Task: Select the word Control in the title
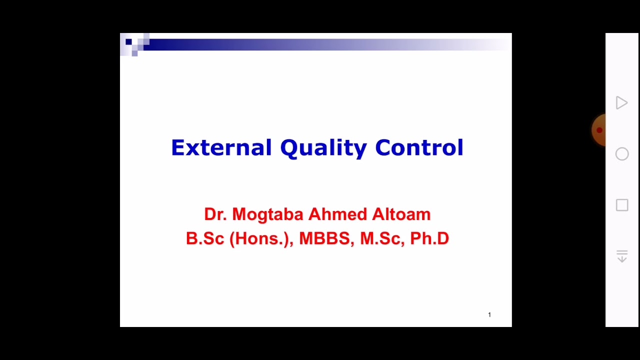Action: tap(419, 148)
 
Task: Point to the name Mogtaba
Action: tap(267, 214)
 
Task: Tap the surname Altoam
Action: tap(401, 214)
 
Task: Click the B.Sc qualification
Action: tap(205, 238)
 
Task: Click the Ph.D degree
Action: tap(429, 238)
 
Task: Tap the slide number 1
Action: tap(489, 314)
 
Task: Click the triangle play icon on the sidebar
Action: tap(621, 103)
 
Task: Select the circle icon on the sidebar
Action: tap(622, 154)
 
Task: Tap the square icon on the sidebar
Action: tap(622, 205)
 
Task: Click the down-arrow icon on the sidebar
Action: tap(622, 256)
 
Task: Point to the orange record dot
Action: tap(599, 130)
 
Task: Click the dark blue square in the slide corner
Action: tap(128, 42)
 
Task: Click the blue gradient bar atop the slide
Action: tap(325, 44)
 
